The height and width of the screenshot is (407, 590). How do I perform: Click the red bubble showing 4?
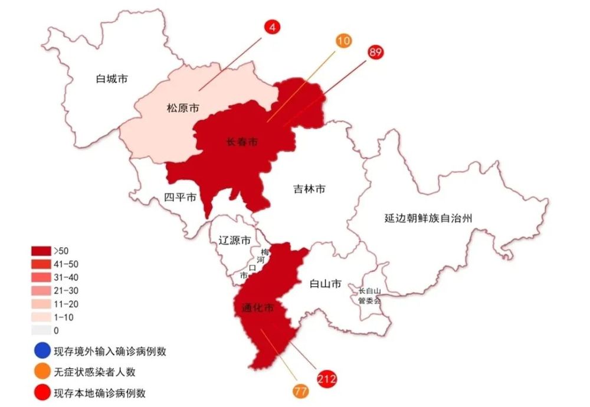click(x=274, y=27)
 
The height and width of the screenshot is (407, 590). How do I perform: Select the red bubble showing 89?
click(x=375, y=52)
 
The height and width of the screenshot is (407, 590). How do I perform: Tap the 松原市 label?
click(x=182, y=109)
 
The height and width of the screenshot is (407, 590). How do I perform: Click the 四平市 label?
click(x=181, y=198)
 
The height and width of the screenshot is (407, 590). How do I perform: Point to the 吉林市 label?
click(x=309, y=189)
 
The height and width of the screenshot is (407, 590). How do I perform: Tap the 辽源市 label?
click(x=235, y=240)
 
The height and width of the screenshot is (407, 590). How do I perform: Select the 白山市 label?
click(x=325, y=284)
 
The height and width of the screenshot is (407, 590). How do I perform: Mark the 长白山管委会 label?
click(x=370, y=296)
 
